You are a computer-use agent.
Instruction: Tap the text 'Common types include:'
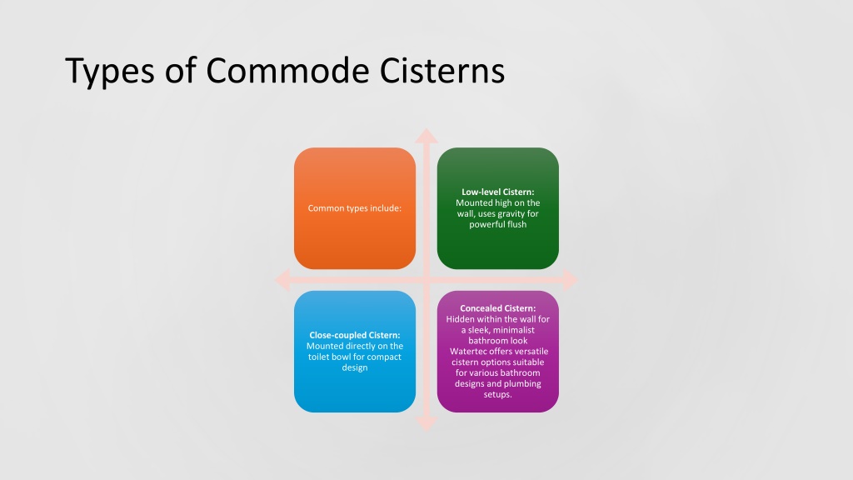tap(355, 207)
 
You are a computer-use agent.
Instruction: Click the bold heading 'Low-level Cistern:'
tap(498, 192)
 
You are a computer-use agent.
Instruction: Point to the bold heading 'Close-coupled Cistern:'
tap(355, 335)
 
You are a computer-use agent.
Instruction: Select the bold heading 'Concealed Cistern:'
tap(498, 308)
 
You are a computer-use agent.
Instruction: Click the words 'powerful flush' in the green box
tap(498, 225)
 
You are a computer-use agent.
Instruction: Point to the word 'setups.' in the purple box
tap(498, 395)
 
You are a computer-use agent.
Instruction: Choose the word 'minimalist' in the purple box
tap(516, 330)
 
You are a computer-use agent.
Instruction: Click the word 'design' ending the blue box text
tap(355, 367)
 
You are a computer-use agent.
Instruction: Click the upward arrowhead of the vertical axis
tap(426, 135)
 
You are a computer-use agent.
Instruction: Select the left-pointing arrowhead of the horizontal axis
tap(282, 279)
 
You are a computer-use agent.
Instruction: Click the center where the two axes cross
tap(426, 279)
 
